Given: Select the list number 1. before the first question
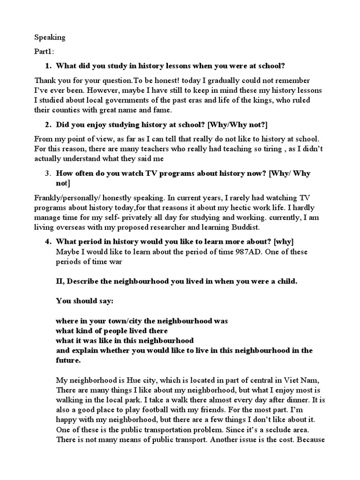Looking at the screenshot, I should point(49,66).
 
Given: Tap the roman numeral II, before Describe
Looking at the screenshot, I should point(61,281).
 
